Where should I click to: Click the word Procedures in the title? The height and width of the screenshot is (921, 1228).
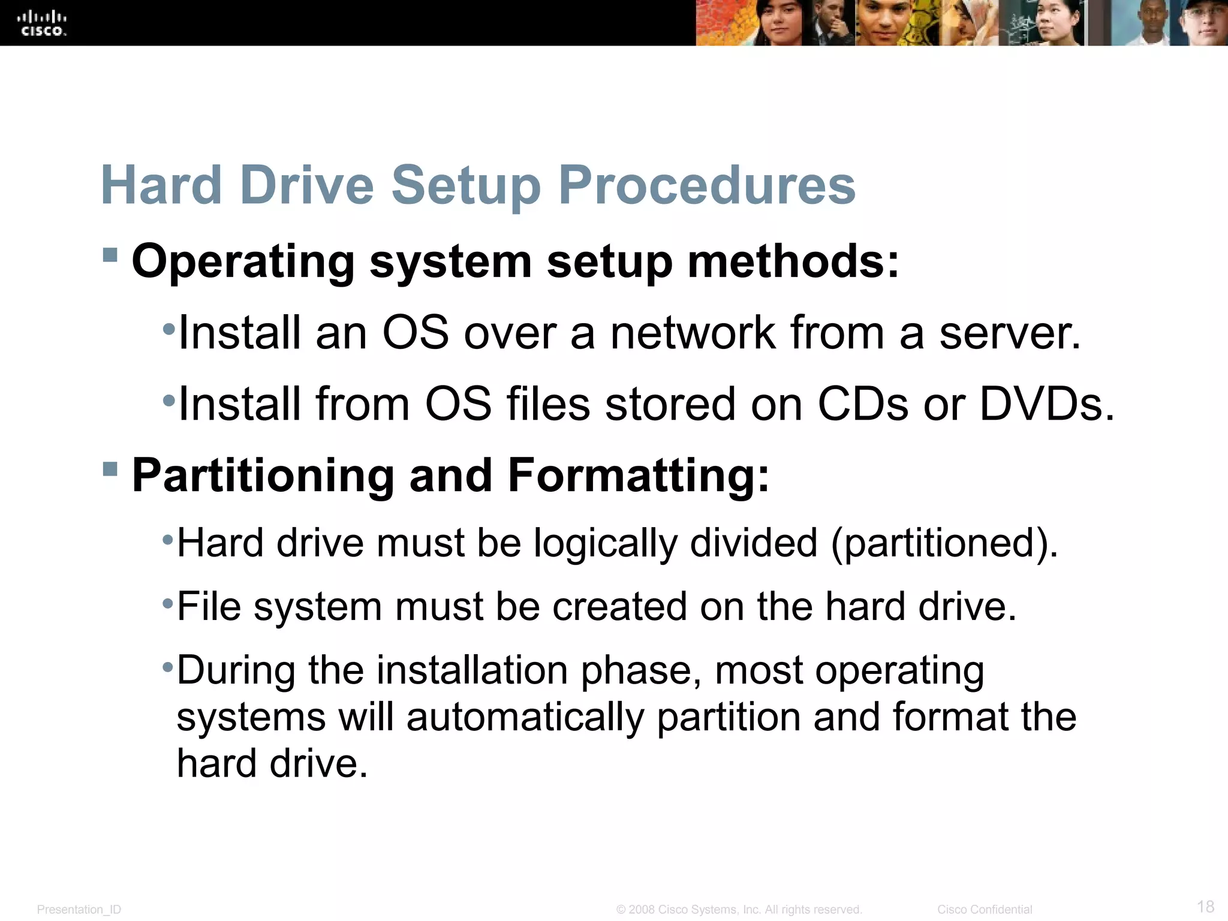(707, 185)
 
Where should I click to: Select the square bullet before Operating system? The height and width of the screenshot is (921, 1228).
(110, 255)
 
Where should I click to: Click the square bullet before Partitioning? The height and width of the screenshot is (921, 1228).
(110, 468)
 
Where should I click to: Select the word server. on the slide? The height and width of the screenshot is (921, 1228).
(1010, 333)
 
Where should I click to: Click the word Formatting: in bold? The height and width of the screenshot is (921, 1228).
(638, 475)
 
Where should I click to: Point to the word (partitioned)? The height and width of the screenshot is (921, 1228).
(944, 544)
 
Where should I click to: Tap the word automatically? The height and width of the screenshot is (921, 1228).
(525, 718)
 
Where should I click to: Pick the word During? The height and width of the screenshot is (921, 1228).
(236, 670)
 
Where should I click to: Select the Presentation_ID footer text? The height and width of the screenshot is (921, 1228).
(79, 910)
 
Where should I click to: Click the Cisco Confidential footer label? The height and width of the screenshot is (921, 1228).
(985, 910)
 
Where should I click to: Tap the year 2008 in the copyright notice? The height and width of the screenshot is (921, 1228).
(642, 910)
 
